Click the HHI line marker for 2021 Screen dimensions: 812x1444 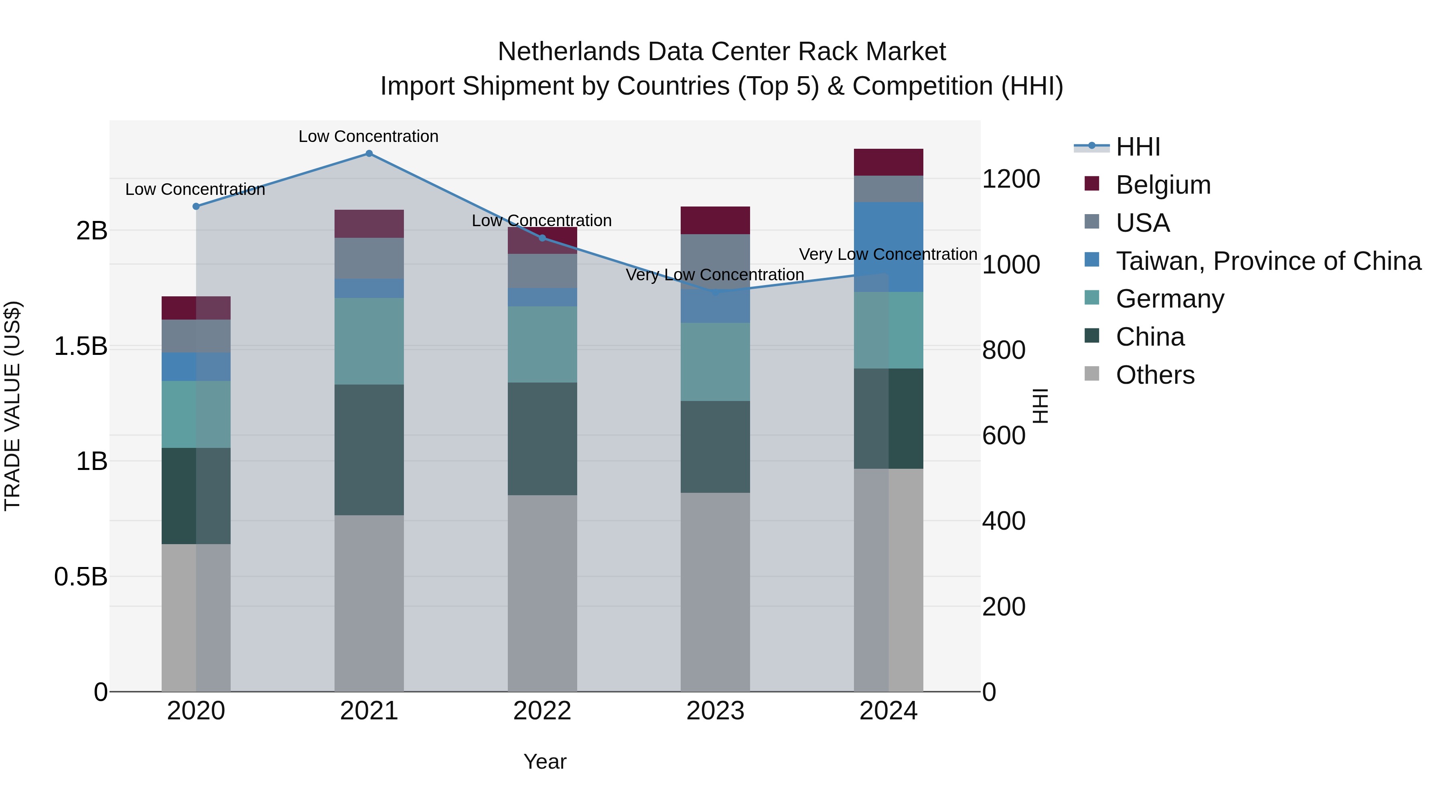pyautogui.click(x=369, y=154)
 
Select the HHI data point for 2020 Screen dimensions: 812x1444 pyautogui.click(x=196, y=206)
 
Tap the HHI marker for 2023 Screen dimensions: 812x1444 pyautogui.click(x=715, y=292)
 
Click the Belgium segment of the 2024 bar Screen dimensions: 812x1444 pyautogui.click(x=888, y=162)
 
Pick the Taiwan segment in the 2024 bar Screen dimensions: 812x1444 pyautogui.click(x=888, y=247)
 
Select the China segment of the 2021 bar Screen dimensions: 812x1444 pyautogui.click(x=369, y=450)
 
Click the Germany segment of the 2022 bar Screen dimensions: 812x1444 pyautogui.click(x=542, y=344)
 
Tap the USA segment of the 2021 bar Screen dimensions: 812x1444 pyautogui.click(x=369, y=258)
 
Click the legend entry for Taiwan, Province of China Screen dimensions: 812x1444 pyautogui.click(x=1268, y=261)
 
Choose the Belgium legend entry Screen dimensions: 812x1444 pyautogui.click(x=1163, y=185)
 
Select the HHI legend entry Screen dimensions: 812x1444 pyautogui.click(x=1138, y=147)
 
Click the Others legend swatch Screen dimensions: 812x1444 pyautogui.click(x=1091, y=374)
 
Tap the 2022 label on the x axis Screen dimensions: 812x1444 pyautogui.click(x=542, y=711)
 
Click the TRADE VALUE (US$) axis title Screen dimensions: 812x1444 pyautogui.click(x=12, y=406)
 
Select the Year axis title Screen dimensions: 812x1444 pyautogui.click(x=545, y=761)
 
